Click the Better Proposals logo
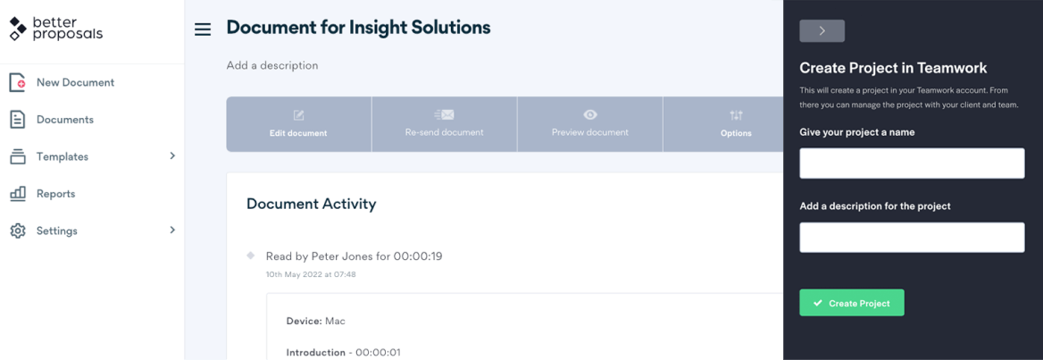[55, 29]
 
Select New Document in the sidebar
[75, 82]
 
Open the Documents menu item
[64, 120]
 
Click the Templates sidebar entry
[63, 157]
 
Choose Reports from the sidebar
[56, 195]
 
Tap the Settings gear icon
[18, 230]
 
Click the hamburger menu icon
[202, 29]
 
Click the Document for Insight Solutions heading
[359, 28]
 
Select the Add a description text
[272, 66]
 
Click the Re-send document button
[445, 124]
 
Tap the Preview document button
[590, 124]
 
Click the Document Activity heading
[312, 204]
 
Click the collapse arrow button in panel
[822, 30]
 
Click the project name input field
[912, 163]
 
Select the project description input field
[912, 238]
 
